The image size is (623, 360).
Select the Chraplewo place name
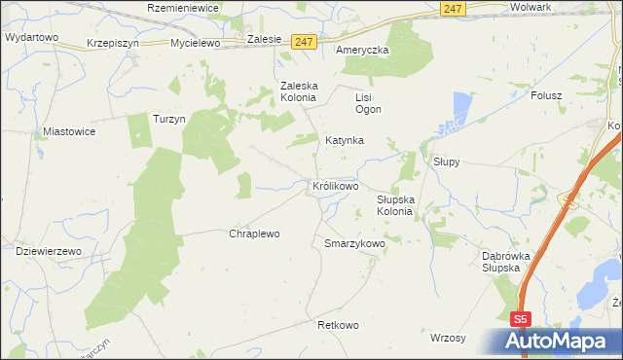(x=254, y=234)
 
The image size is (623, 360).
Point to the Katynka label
(x=344, y=140)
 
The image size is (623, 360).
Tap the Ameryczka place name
(x=361, y=50)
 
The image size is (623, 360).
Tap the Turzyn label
(x=168, y=119)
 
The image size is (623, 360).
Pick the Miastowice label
(x=68, y=129)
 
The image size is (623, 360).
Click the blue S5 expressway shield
(x=523, y=317)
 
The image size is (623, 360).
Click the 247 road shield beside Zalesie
(x=304, y=42)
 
